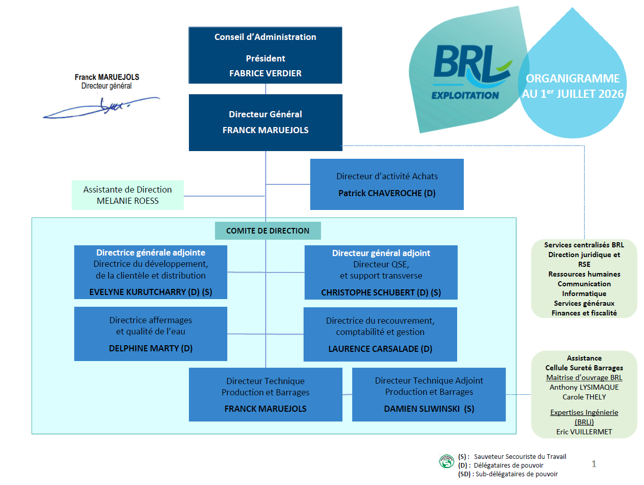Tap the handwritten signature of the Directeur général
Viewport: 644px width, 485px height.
pyautogui.click(x=101, y=108)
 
